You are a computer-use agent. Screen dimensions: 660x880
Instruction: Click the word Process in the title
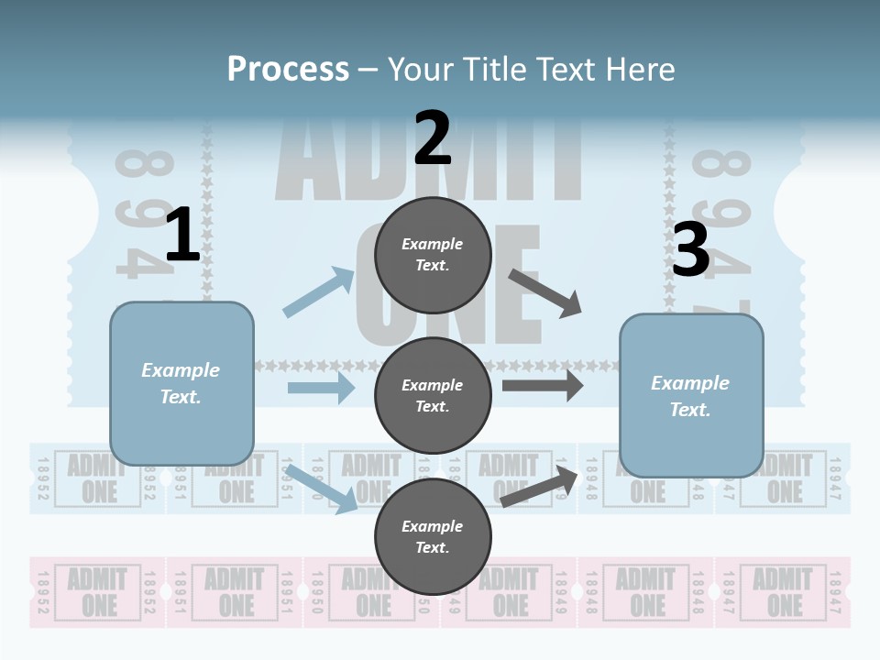[288, 70]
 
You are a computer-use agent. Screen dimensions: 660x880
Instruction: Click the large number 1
[181, 236]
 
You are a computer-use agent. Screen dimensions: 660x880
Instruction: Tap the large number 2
[432, 137]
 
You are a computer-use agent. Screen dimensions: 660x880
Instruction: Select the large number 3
[690, 250]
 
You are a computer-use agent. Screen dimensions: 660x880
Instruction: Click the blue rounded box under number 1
[181, 383]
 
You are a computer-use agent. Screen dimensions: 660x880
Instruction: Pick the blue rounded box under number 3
[691, 395]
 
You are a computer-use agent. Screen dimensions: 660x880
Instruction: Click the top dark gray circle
[433, 255]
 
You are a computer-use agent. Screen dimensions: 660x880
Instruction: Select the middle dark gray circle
[433, 395]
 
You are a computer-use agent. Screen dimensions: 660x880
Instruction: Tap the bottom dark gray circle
[433, 536]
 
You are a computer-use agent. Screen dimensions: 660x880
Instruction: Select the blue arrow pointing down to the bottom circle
[322, 488]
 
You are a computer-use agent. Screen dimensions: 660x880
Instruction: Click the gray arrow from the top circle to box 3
[545, 293]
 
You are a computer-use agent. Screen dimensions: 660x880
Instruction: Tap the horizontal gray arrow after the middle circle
[542, 385]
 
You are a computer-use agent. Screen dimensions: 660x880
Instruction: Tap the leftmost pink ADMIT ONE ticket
[97, 592]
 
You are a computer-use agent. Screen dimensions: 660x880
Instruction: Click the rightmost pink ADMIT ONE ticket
[783, 592]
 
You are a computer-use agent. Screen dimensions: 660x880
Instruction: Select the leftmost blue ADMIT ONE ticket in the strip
[97, 478]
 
